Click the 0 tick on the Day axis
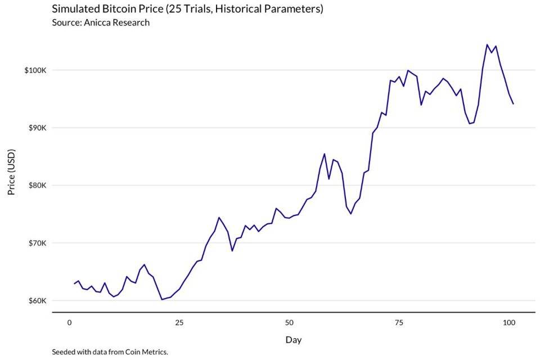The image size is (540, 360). click(x=69, y=323)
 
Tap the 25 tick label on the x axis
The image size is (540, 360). click(x=179, y=323)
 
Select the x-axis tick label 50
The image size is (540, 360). click(x=289, y=323)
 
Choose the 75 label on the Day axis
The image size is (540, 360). click(x=399, y=323)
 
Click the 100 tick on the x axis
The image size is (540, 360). click(x=508, y=323)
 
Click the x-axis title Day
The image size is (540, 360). click(x=293, y=340)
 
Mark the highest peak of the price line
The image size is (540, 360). click(x=487, y=44)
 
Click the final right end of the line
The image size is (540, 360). click(x=513, y=103)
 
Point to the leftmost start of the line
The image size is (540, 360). click(x=74, y=283)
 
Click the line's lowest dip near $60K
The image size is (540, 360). click(x=162, y=299)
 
